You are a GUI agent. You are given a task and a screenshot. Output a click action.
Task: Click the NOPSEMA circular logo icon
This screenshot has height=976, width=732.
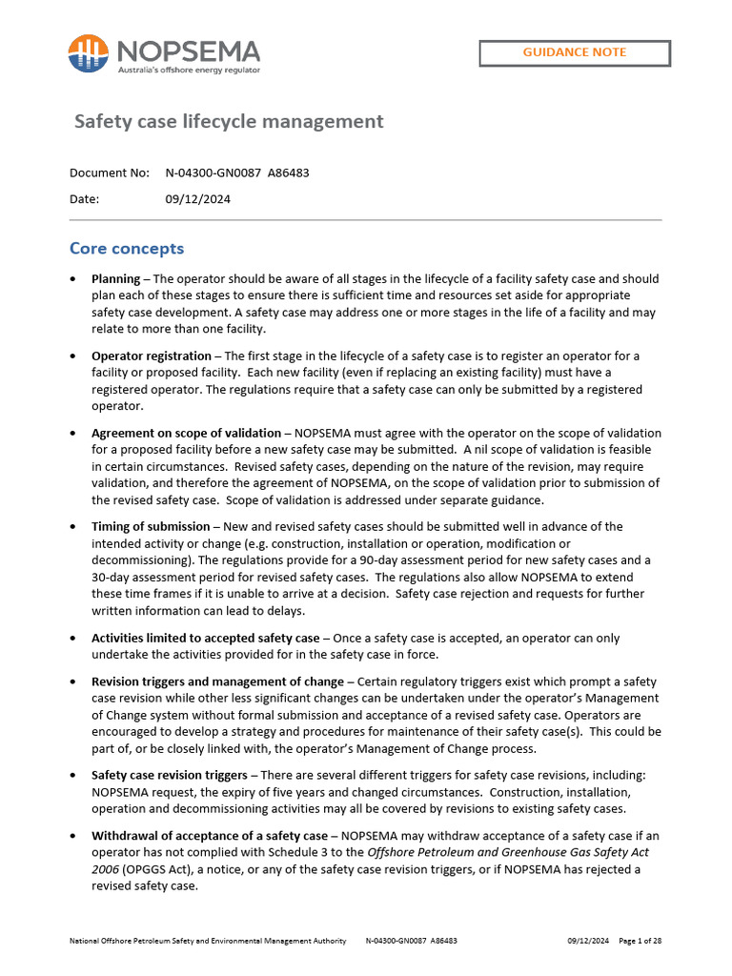tap(88, 53)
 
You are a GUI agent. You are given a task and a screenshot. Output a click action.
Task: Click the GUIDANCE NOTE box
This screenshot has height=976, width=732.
tap(574, 52)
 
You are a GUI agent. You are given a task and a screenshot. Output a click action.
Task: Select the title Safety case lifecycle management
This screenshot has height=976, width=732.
tap(229, 122)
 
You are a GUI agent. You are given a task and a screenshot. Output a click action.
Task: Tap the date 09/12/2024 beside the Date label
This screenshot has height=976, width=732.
tap(197, 199)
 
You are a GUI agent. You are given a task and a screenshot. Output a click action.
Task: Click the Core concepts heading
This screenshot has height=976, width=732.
tap(127, 249)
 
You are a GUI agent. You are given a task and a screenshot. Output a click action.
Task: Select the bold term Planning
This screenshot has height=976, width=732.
tap(115, 279)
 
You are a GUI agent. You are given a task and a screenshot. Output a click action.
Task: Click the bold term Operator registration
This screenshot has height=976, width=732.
tap(151, 356)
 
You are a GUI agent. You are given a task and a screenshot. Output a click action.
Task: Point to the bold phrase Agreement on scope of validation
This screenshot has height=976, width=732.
tap(186, 433)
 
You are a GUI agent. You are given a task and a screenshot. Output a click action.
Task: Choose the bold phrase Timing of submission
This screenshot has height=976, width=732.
tap(150, 526)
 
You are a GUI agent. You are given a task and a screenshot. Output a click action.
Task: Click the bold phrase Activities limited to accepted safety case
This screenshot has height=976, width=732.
tap(205, 638)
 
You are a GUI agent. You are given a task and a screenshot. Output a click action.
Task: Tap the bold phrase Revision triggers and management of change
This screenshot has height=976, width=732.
tap(217, 681)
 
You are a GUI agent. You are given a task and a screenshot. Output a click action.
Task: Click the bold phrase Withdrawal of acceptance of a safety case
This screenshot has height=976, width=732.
tap(209, 836)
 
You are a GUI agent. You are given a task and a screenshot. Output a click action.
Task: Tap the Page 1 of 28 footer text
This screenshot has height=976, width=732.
tap(640, 941)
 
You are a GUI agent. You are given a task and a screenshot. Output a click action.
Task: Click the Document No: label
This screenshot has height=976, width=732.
tap(110, 173)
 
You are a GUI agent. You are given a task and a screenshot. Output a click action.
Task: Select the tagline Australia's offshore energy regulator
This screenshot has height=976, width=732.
tap(188, 70)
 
